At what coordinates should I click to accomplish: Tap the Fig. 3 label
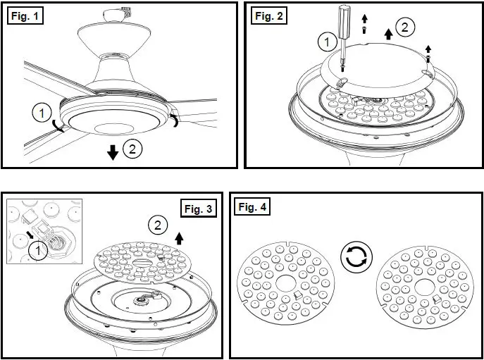[200, 208]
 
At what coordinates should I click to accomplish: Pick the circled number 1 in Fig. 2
[325, 44]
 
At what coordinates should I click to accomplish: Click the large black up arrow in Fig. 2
[386, 32]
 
